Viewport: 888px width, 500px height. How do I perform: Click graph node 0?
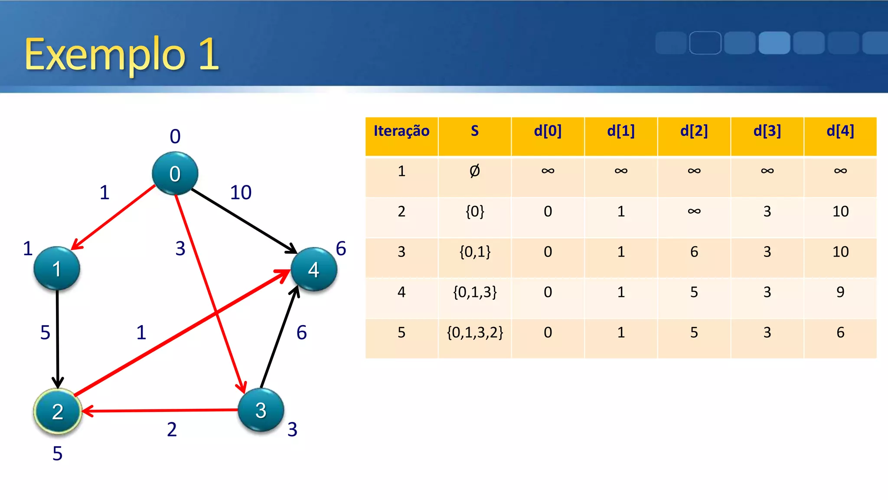[175, 173]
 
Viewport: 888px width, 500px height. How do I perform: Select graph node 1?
[57, 268]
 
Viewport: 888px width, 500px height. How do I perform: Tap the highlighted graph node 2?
[58, 411]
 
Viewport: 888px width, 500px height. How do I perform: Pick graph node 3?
[261, 410]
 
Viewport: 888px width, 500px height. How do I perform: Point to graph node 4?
[313, 269]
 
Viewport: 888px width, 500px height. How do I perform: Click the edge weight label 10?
[241, 192]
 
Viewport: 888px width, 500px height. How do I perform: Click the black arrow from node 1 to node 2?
[57, 339]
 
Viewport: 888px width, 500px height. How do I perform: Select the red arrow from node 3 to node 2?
[160, 410]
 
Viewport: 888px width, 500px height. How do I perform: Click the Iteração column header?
[402, 131]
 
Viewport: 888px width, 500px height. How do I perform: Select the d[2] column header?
[694, 131]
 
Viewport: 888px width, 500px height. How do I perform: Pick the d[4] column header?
[840, 131]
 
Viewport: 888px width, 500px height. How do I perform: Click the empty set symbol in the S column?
[475, 171]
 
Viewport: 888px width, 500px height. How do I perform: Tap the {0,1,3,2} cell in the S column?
[475, 332]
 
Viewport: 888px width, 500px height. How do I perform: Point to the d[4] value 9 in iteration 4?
[840, 292]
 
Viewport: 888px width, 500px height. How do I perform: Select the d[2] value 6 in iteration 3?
[694, 252]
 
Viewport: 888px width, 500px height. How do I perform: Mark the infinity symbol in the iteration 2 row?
[694, 211]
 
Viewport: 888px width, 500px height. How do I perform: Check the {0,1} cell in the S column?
[475, 252]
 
